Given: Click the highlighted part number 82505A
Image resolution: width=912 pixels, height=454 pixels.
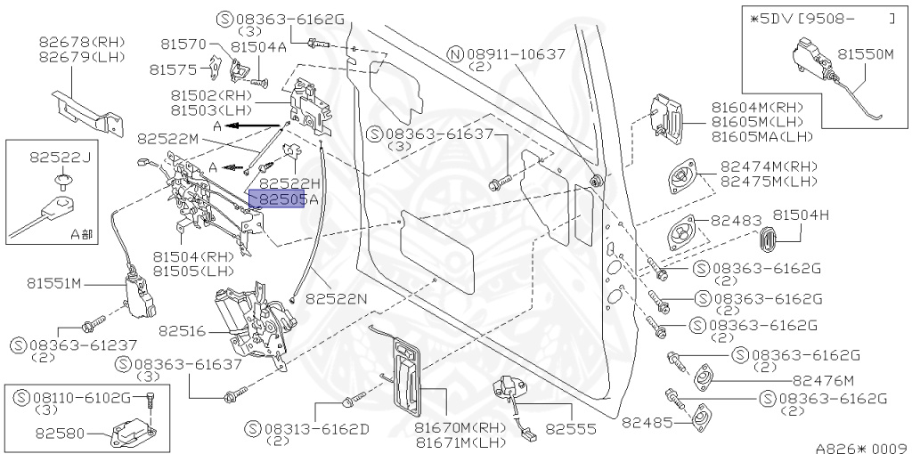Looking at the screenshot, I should tap(278, 201).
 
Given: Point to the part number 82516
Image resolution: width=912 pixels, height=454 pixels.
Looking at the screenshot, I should tap(183, 331).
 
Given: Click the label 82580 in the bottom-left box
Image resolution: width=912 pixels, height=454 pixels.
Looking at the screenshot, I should tap(60, 435).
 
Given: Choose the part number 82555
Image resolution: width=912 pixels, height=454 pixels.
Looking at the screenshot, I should tap(570, 428).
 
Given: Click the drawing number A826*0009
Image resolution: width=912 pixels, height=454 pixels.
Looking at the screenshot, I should tap(861, 446).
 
